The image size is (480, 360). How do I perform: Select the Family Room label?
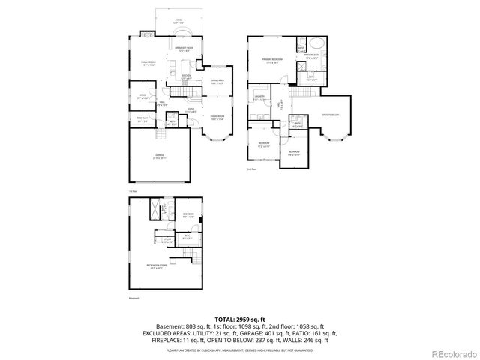(x=148, y=63)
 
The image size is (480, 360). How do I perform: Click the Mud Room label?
(x=141, y=118)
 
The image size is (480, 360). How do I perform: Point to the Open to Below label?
(x=330, y=115)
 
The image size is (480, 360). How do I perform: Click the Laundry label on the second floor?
(x=259, y=98)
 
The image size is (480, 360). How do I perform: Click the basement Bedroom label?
(x=187, y=216)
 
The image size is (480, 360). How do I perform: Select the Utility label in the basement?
(x=167, y=241)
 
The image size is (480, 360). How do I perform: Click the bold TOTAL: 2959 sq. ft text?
(x=239, y=319)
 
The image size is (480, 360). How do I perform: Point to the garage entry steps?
(x=160, y=134)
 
